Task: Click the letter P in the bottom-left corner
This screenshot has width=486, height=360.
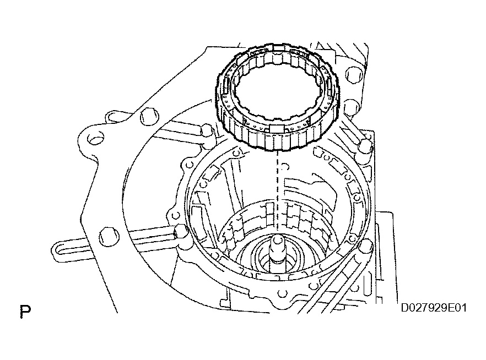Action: click(x=25, y=312)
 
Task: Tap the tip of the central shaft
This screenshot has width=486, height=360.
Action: click(x=277, y=241)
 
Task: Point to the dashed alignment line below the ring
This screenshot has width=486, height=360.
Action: click(x=276, y=182)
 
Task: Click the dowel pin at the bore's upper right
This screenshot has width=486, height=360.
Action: click(x=363, y=146)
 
